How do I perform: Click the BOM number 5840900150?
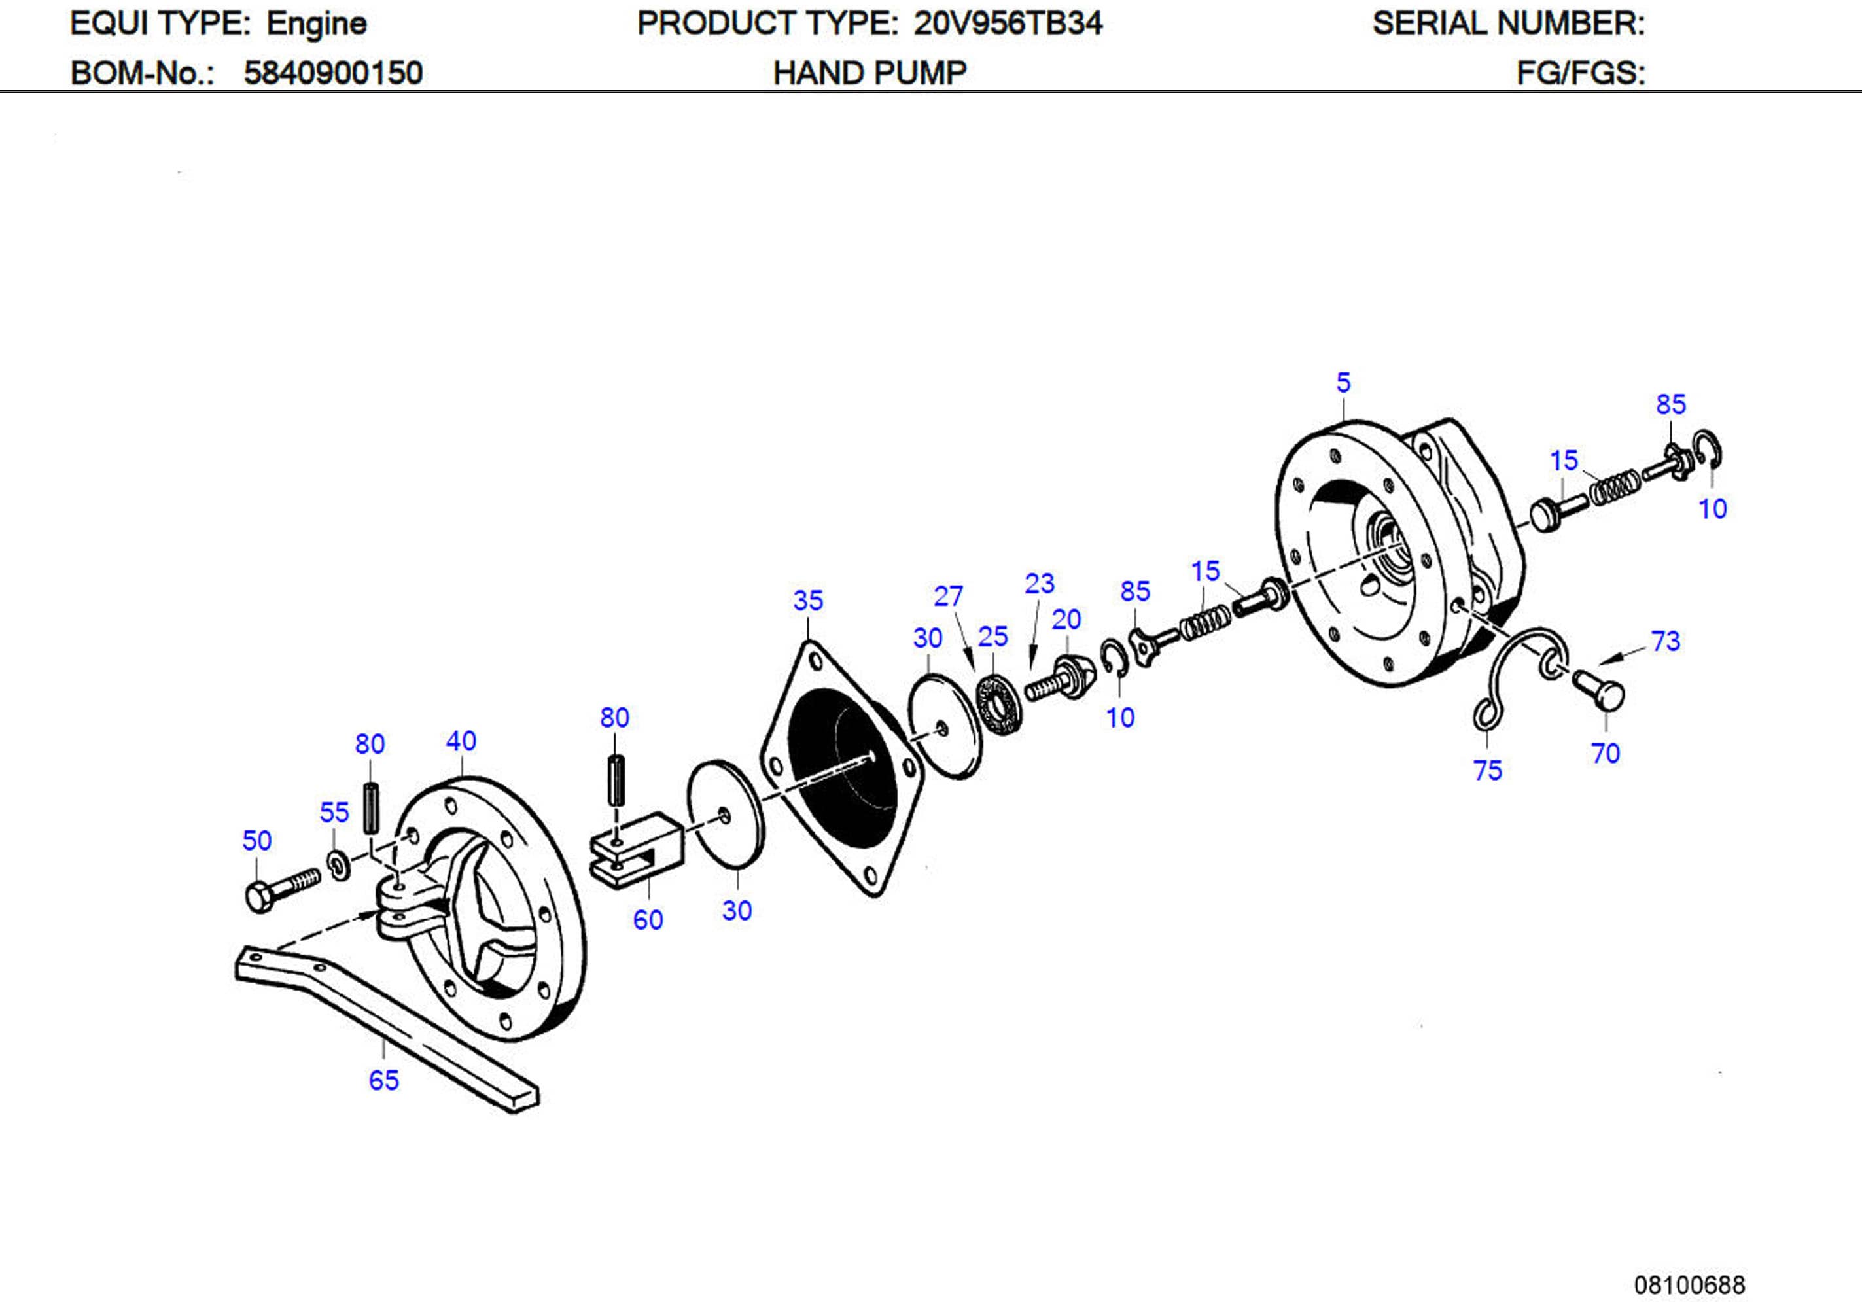click(x=332, y=73)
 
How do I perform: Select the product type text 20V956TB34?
click(x=1008, y=24)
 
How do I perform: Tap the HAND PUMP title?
click(x=870, y=73)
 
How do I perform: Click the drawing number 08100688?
click(x=1689, y=1285)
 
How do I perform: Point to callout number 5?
click(x=1343, y=383)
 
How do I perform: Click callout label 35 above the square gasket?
click(x=808, y=601)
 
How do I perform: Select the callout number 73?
click(x=1666, y=641)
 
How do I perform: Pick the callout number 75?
click(x=1487, y=770)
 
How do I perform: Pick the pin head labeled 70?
click(x=1602, y=690)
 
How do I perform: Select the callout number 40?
click(x=461, y=741)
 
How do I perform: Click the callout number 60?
click(x=647, y=920)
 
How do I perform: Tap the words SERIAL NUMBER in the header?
click(x=1507, y=24)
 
